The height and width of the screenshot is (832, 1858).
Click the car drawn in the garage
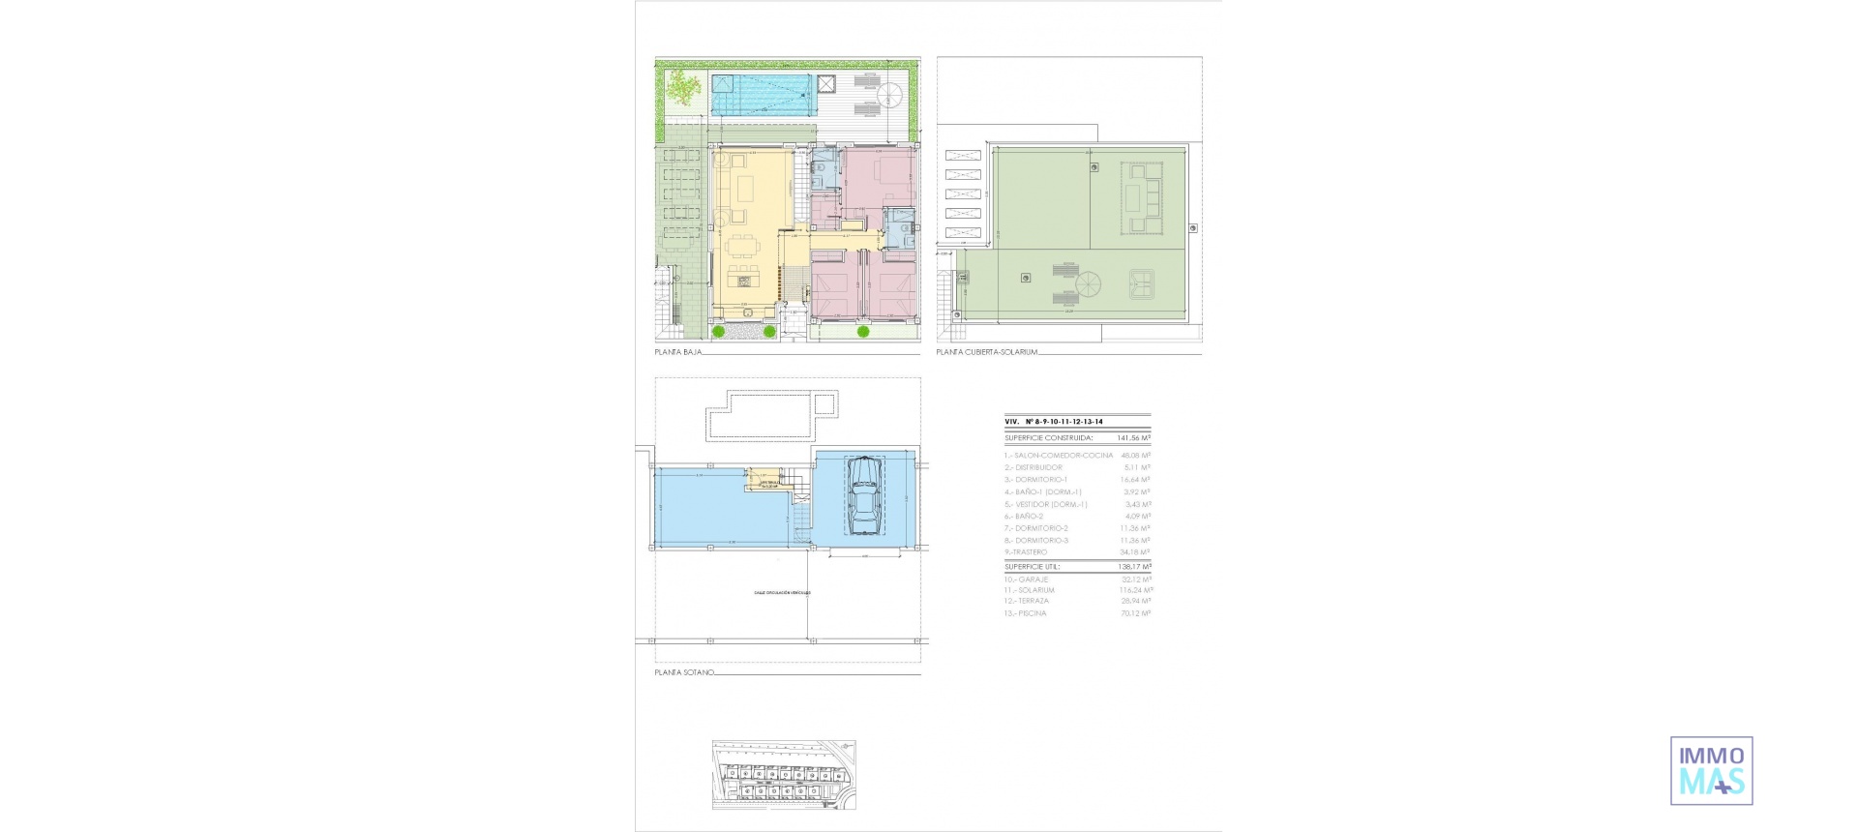(x=863, y=495)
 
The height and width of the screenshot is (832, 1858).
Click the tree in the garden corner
(x=683, y=88)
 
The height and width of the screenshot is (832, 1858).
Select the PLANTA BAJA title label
(x=678, y=352)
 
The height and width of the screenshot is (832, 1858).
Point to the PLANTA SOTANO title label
(x=684, y=671)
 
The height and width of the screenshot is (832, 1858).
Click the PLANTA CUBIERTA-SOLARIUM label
(x=986, y=352)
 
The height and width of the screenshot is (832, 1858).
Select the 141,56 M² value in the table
(x=1132, y=438)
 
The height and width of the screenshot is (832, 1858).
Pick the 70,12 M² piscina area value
(x=1135, y=613)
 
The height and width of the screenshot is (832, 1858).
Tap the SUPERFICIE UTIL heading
(x=1033, y=567)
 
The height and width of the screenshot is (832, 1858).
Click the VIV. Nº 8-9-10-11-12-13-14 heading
(x=1054, y=422)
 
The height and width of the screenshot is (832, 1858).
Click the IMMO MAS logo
(x=1711, y=770)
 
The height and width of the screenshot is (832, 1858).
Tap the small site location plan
(x=784, y=775)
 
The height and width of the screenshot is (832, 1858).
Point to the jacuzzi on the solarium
(x=1143, y=282)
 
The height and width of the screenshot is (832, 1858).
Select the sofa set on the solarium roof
(x=1143, y=198)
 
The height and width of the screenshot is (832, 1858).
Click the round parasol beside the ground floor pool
(x=889, y=95)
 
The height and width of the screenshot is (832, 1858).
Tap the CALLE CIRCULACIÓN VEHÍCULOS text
(x=782, y=592)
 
